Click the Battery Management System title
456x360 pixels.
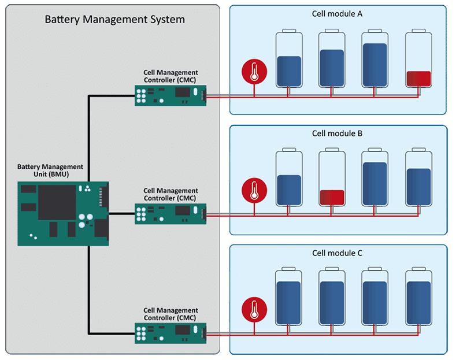(x=114, y=20)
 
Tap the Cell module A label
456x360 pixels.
(x=337, y=13)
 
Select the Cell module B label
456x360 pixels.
(x=337, y=133)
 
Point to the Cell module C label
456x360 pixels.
(x=337, y=253)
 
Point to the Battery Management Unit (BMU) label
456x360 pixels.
(x=50, y=170)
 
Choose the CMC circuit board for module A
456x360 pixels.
(x=170, y=95)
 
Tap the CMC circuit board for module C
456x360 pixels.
(x=170, y=333)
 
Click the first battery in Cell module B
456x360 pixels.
(x=289, y=179)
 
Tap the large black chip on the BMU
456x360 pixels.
(x=57, y=202)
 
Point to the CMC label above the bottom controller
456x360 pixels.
(x=170, y=314)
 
